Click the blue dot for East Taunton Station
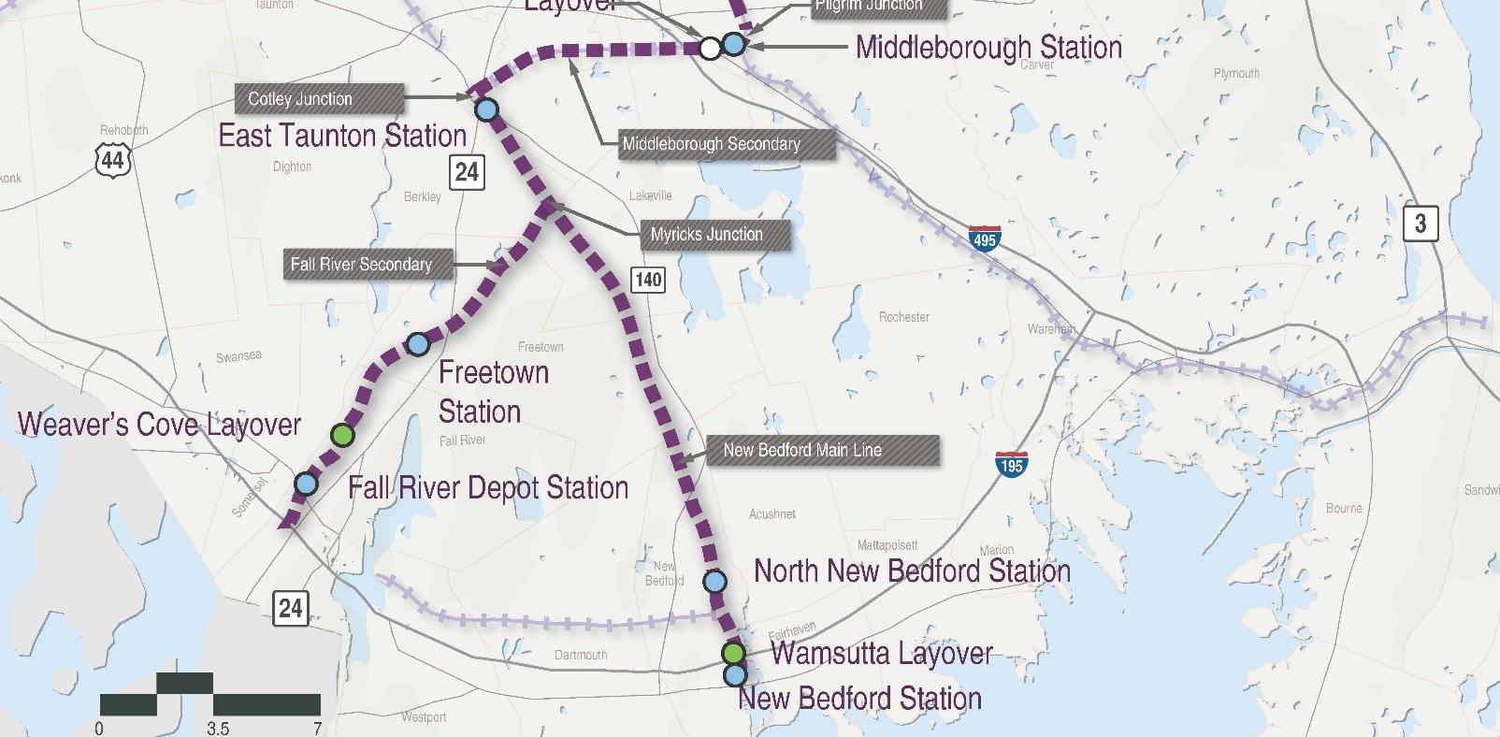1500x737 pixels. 486,110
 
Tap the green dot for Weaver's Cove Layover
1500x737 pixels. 343,435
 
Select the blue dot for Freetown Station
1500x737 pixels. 418,344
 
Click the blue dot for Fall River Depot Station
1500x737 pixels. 306,484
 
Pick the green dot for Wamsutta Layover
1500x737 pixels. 733,652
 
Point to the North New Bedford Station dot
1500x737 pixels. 714,581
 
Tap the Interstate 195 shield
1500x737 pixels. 1011,463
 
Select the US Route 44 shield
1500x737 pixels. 111,159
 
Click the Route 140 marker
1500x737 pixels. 648,279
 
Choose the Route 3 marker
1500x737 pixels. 1420,223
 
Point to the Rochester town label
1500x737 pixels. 903,317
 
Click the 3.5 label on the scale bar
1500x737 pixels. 217,729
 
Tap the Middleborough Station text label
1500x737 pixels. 988,47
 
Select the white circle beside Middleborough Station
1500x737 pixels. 711,47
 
